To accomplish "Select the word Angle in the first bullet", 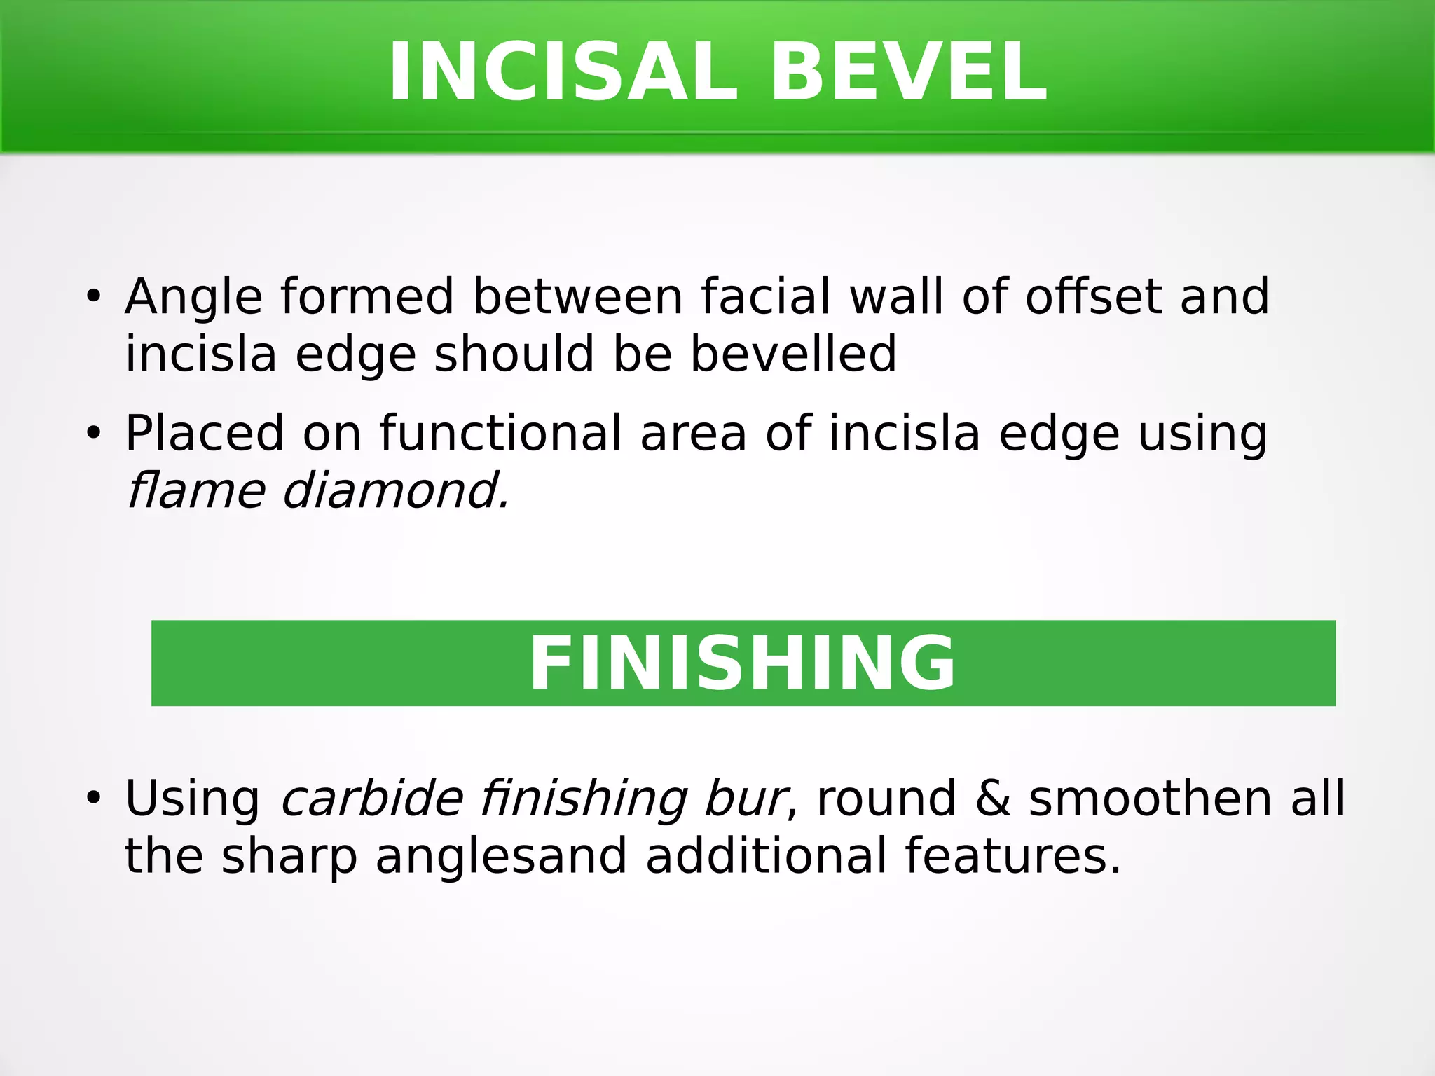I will pos(194,297).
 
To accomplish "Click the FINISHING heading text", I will pos(743,663).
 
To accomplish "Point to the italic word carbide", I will pos(372,799).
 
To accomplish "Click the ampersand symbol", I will pos(993,799).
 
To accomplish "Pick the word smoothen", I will pos(1150,799).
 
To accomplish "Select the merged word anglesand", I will pos(501,856).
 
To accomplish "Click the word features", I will pos(1012,856).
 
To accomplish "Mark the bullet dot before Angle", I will pos(94,296).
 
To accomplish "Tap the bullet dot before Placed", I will pos(94,434).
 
